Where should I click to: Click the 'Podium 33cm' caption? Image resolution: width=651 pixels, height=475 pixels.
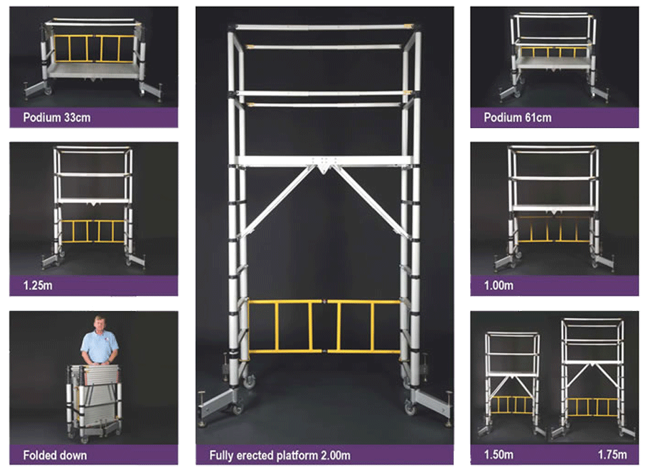57,117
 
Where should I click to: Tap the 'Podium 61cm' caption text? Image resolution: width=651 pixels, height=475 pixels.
518,117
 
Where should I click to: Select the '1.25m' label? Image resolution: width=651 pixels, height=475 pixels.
38,286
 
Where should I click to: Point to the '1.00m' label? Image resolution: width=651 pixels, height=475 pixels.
499,286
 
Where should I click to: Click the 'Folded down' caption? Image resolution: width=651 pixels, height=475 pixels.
56,455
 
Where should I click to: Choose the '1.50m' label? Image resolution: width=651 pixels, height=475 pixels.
499,455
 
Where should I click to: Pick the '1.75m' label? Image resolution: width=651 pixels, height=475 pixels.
612,455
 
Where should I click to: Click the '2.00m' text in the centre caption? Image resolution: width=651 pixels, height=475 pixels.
335,455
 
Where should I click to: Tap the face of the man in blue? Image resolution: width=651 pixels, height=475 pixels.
100,325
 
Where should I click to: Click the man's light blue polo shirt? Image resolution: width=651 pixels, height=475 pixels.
100,347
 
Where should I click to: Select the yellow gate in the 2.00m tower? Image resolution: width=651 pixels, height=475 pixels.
324,327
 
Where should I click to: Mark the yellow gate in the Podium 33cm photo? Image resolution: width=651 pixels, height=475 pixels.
94,49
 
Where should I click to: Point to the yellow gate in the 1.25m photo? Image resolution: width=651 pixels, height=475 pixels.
93,231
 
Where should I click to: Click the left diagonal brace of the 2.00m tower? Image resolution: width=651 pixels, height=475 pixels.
279,201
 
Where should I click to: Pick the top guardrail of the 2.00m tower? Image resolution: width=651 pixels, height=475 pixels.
323,27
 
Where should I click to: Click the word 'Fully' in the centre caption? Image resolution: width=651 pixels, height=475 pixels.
222,456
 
